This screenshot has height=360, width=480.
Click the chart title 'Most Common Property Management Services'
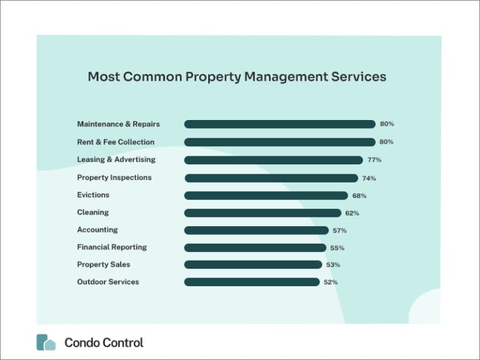coord(236,77)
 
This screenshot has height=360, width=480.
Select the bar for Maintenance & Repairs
coord(279,124)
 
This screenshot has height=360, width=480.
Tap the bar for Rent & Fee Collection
coord(279,142)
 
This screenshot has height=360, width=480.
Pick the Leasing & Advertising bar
coord(273,160)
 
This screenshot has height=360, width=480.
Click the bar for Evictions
coord(266,196)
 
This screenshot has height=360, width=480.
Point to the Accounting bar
coord(256,230)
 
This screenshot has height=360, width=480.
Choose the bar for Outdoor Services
coord(252,282)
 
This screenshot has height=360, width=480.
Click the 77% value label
coord(374,160)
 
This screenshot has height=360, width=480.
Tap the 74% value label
coord(369,178)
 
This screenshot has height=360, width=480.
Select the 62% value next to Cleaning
coord(352,213)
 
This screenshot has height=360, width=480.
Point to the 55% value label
coord(337,248)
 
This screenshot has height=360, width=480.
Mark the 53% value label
coord(332,265)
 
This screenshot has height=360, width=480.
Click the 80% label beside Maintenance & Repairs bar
coord(387,124)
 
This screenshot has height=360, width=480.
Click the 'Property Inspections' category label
coord(114,177)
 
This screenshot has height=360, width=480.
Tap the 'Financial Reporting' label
coord(112,247)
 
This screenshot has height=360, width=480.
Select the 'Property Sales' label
coord(104,264)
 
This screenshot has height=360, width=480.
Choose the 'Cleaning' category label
coord(92,212)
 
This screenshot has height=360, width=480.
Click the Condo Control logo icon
coord(46,342)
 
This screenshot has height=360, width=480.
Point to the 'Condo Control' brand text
coord(104,342)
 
